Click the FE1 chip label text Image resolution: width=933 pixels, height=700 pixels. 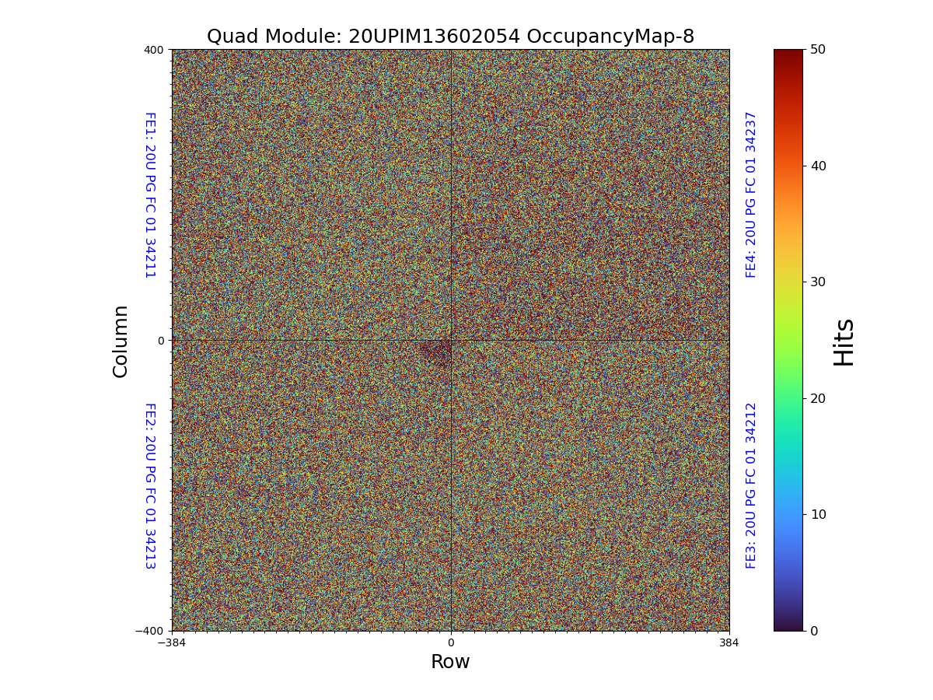tap(150, 194)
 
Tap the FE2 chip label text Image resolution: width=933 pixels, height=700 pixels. tap(150, 485)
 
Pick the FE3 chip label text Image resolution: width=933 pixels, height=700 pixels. tap(751, 485)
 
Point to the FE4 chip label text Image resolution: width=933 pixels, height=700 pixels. tap(751, 194)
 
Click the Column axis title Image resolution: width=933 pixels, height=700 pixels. tap(121, 341)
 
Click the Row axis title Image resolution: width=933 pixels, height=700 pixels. tap(450, 662)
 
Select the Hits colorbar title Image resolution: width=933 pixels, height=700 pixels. tap(844, 341)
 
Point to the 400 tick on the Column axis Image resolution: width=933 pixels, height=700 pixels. tap(154, 50)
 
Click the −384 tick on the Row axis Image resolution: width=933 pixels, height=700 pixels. tap(172, 643)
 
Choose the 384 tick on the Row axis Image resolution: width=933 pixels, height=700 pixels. tap(729, 643)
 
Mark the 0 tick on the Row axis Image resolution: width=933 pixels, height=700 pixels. tap(450, 643)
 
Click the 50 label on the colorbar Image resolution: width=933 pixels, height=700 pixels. tap(818, 49)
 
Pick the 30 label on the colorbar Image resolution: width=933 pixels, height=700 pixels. tap(818, 282)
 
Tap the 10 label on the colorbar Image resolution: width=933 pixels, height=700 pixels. tap(818, 514)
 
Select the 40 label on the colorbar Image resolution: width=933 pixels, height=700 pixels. tap(818, 166)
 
